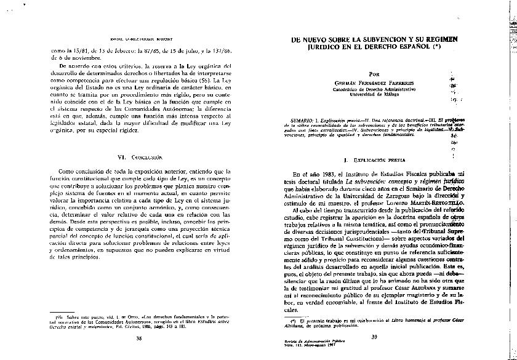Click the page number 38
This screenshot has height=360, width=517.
(x=139, y=338)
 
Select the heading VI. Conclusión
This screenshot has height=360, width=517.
(x=139, y=158)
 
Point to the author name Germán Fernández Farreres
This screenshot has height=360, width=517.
(x=375, y=82)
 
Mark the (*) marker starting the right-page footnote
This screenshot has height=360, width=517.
(x=295, y=321)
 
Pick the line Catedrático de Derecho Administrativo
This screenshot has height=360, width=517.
(x=375, y=90)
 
